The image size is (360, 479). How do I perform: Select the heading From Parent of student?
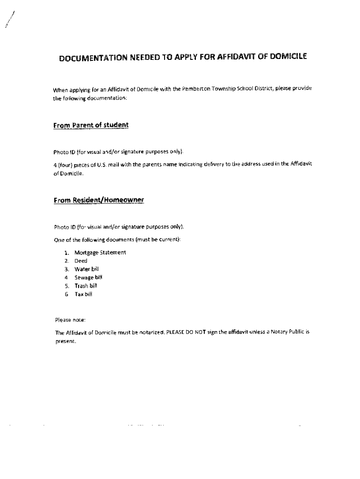point(91,125)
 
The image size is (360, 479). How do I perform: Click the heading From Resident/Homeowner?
point(99,200)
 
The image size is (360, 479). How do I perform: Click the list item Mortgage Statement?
point(100,253)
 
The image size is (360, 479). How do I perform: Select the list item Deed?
point(81,261)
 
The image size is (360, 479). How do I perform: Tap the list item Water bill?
point(86,269)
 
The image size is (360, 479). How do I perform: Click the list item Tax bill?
point(84,294)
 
